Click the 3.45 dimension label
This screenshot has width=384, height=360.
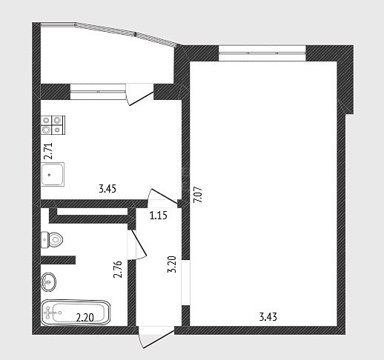pos(107,189)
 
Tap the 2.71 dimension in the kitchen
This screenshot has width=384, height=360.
pos(48,151)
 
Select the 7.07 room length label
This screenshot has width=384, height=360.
pos(199,194)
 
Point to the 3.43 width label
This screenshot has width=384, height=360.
pos(268,317)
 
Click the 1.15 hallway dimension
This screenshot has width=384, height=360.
pos(159,216)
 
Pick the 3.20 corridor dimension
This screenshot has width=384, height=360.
pos(172,264)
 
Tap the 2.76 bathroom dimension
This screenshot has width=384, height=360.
pos(118,270)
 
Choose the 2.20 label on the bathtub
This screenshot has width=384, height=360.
pos(85,318)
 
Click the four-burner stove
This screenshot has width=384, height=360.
pos(53,125)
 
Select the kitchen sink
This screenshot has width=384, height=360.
pos(53,174)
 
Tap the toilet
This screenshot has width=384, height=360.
pos(52,239)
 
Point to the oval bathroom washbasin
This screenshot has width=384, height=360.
pos(48,281)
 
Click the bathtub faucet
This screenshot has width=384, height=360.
pos(49,313)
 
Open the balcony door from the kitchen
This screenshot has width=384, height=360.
pos(139,95)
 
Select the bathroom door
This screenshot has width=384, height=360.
pos(137,245)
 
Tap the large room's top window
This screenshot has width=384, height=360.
pos(262,53)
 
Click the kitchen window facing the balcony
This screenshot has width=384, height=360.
pos(98,92)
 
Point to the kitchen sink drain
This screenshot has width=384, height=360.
pos(50,175)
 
